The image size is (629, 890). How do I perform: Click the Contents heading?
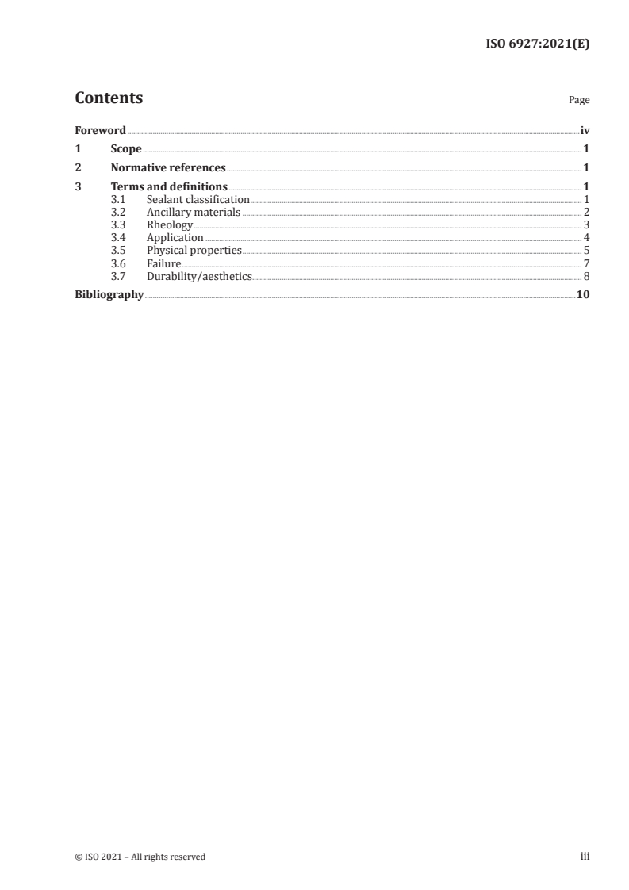109,98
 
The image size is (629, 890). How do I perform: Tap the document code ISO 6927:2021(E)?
537,44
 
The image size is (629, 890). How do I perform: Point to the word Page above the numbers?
579,101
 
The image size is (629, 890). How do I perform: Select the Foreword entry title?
100,130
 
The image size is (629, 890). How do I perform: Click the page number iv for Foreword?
585,130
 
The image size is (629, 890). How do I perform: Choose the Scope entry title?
126,149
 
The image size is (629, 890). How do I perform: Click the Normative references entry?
168,168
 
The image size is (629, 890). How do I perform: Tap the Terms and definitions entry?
169,187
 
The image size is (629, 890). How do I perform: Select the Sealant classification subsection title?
198,200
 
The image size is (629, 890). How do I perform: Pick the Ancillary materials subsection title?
194,213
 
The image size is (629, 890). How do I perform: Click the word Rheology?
170,225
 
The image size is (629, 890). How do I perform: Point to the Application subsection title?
175,238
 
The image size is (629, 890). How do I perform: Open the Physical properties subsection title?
194,251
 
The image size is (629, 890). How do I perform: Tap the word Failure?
164,263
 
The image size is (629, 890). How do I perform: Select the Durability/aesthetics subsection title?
199,276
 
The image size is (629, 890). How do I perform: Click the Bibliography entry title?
109,295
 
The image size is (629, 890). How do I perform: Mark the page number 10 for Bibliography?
583,295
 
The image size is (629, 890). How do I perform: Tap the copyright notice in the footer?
140,857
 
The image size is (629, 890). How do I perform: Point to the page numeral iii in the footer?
585,857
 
